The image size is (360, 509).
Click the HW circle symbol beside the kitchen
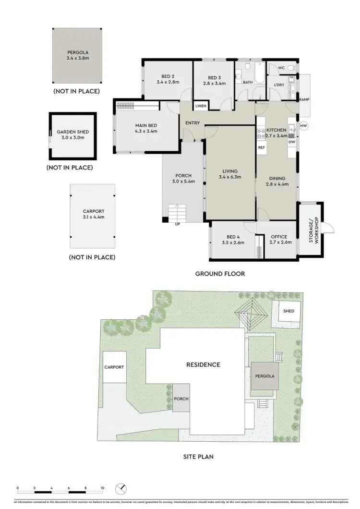click(303, 126)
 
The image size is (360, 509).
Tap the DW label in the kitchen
click(292, 142)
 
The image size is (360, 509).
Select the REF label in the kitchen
click(262, 147)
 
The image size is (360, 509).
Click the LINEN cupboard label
click(201, 106)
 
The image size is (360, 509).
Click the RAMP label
click(304, 99)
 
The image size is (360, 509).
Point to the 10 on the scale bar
click(102, 488)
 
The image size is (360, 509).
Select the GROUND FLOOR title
click(220, 274)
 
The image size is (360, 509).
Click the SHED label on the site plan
click(288, 311)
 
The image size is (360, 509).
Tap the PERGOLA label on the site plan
click(265, 376)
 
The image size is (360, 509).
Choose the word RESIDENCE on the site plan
click(203, 364)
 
